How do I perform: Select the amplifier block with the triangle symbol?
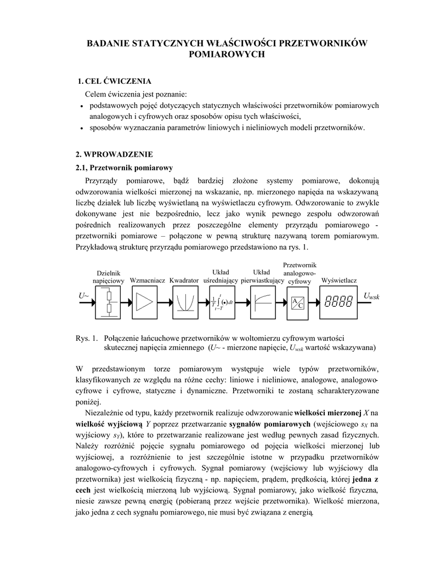coord(145,302)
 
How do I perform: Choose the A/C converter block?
coord(297,302)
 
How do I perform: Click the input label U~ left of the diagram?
coord(84,296)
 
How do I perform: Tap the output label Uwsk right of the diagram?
coord(371,296)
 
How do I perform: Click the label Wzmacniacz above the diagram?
coord(148,280)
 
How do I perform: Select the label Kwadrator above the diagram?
coord(184,280)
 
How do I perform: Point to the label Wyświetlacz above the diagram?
coord(339,280)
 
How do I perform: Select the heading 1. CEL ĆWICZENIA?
coord(114,82)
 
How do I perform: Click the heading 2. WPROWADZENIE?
coord(114,154)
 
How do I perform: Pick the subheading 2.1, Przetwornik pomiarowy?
coord(124,167)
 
